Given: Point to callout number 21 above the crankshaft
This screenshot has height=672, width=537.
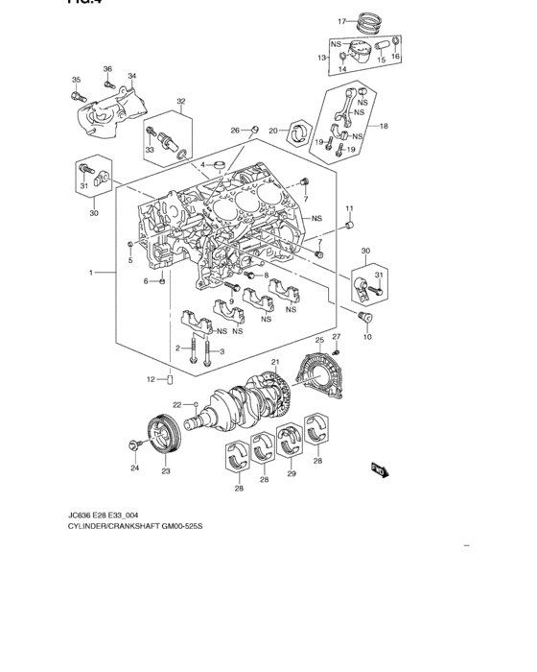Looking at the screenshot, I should (x=274, y=362).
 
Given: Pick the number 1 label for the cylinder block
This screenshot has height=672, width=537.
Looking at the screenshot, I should (x=93, y=274).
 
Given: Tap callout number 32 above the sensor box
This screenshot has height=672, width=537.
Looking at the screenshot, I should (x=180, y=101).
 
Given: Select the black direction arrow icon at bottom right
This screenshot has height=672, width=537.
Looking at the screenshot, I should (x=380, y=469).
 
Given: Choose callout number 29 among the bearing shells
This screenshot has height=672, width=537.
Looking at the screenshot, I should (x=292, y=474).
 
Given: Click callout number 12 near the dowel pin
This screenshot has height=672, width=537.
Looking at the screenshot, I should (x=151, y=380).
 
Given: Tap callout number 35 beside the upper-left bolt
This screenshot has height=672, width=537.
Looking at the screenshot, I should (x=76, y=80).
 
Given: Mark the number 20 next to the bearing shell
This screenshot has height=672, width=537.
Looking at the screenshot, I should (x=273, y=131).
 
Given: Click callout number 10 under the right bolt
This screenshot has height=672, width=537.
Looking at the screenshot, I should (x=366, y=338).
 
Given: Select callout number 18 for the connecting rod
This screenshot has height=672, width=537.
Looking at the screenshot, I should (x=384, y=126).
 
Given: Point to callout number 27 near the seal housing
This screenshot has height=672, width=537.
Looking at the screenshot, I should (x=337, y=337).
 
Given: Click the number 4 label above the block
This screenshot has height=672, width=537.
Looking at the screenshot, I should (x=202, y=164).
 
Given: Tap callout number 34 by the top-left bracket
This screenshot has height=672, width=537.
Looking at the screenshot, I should (x=132, y=77).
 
